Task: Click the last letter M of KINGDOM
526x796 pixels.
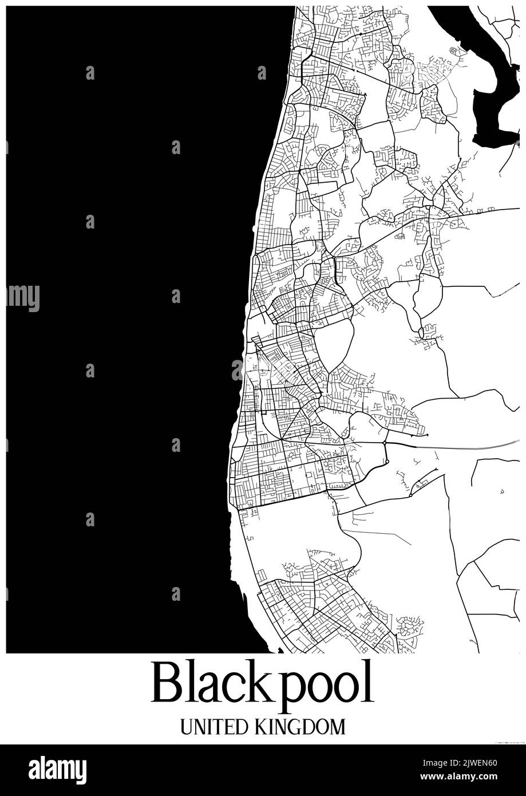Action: pos(338,727)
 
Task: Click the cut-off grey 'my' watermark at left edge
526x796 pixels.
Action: pos(23,297)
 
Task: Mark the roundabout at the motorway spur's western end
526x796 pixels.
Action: pos(385,443)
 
